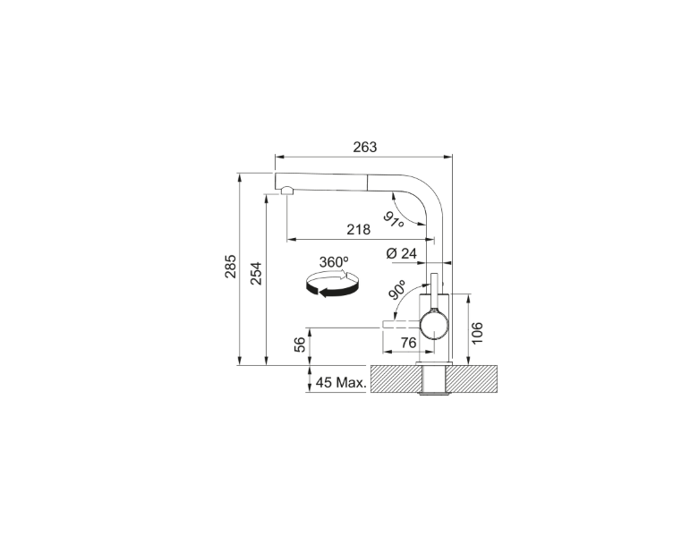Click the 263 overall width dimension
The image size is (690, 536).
click(x=365, y=147)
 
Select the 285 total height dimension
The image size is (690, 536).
click(x=231, y=267)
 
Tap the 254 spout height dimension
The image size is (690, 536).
click(x=257, y=274)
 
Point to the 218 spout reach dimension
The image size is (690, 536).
click(x=359, y=229)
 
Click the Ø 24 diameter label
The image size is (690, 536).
click(x=401, y=253)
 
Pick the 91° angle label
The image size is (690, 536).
click(x=394, y=219)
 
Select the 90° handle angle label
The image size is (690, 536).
click(x=397, y=290)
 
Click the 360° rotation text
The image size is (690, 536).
click(x=334, y=262)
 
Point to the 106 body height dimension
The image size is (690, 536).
click(x=478, y=333)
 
